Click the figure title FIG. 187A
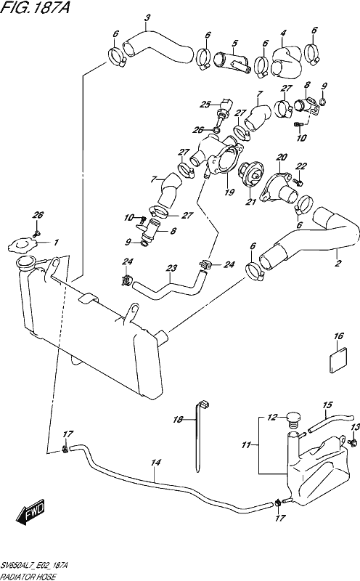point(35,7)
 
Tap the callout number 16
point(338,336)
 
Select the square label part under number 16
point(338,359)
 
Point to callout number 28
point(38,215)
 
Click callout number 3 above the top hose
point(147,17)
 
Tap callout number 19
point(229,192)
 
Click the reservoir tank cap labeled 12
point(292,420)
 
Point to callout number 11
point(246,445)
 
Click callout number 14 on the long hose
point(156,463)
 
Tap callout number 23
point(171,267)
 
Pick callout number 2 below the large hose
point(337,264)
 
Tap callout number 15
point(328,405)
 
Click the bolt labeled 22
point(298,181)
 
